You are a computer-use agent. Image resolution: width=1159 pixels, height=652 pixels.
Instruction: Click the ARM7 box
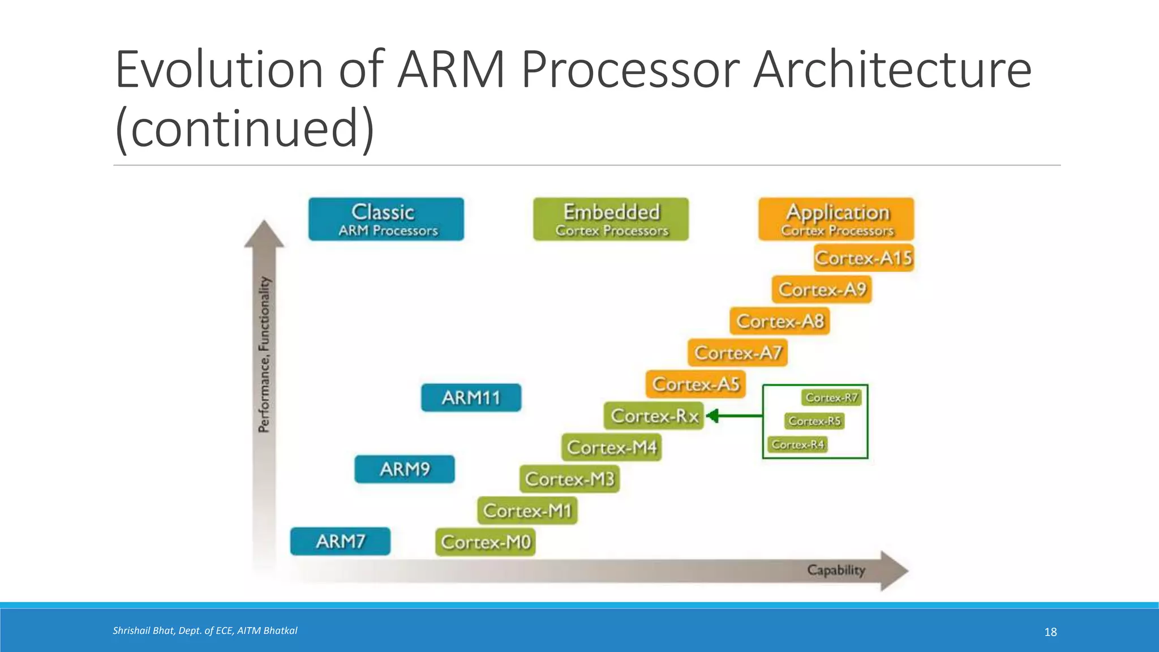coord(340,542)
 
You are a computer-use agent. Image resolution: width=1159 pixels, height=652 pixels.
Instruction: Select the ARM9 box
coord(405,469)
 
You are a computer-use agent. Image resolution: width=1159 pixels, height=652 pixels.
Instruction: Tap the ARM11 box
coord(471,397)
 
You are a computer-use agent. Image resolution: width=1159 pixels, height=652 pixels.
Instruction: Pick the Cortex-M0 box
coord(486,542)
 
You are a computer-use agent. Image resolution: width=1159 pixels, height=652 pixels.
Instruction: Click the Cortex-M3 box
coord(569,479)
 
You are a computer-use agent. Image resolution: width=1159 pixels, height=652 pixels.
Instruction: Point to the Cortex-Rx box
coord(654,416)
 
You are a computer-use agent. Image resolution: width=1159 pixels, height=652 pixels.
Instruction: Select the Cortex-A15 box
coord(864,258)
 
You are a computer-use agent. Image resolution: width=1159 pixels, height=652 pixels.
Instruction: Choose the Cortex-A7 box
coord(737,353)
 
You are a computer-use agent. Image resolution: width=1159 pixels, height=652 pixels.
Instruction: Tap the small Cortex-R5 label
coord(814,421)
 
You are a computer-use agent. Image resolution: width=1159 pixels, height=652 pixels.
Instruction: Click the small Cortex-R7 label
coord(831,398)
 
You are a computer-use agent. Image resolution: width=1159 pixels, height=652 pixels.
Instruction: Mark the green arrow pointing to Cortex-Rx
coord(735,416)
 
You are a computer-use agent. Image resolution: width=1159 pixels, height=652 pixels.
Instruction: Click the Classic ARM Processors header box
coord(387,219)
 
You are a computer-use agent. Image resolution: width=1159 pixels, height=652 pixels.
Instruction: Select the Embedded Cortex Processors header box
coord(611,219)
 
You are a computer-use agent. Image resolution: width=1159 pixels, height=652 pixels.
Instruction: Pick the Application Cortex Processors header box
coord(836,219)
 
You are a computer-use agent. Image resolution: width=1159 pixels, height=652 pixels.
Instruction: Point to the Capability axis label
coord(836,570)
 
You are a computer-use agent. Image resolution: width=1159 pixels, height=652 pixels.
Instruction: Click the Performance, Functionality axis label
coord(264,355)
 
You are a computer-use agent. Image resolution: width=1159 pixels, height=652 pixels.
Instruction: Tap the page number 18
coord(1050,632)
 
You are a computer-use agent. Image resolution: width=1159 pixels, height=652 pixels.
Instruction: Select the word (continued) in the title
coord(244,129)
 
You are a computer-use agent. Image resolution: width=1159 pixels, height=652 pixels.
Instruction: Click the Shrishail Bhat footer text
coord(205,630)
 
